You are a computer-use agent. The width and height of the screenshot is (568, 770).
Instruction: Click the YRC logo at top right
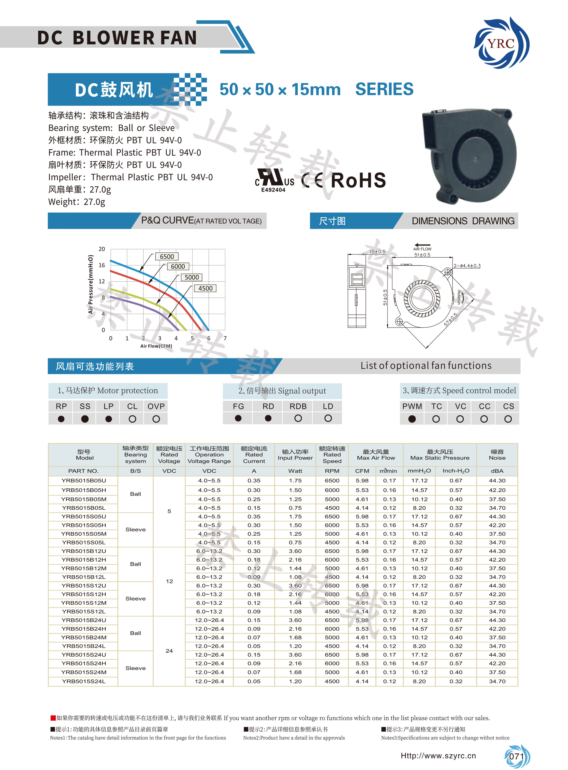pyautogui.click(x=501, y=43)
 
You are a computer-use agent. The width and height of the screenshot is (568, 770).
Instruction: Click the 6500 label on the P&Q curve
pyautogui.click(x=167, y=256)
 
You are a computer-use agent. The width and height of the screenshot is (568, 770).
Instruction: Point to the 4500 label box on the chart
pyautogui.click(x=205, y=288)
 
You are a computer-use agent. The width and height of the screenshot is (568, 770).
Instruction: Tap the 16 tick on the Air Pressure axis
pyautogui.click(x=102, y=265)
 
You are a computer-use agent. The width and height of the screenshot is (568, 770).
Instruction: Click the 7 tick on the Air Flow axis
pyautogui.click(x=225, y=338)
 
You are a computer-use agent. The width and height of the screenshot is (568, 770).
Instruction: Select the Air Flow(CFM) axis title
pyautogui.click(x=156, y=346)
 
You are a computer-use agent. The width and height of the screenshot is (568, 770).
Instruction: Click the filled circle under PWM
pyautogui.click(x=412, y=419)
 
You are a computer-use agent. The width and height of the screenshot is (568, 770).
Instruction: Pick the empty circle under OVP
pyautogui.click(x=156, y=419)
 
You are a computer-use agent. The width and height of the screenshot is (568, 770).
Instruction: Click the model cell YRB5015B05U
pyautogui.click(x=84, y=480)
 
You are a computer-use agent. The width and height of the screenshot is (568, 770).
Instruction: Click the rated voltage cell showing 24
pyautogui.click(x=169, y=651)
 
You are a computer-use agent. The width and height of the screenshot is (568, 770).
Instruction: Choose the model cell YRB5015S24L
pyautogui.click(x=84, y=681)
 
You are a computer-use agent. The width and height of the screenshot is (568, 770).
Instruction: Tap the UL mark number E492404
pyautogui.click(x=273, y=190)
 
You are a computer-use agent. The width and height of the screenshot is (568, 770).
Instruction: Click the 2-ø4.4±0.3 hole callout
pyautogui.click(x=467, y=266)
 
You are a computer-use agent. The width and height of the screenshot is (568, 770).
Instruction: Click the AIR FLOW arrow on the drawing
pyautogui.click(x=422, y=246)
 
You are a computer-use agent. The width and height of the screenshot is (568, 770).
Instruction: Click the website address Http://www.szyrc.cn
pyautogui.click(x=438, y=756)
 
